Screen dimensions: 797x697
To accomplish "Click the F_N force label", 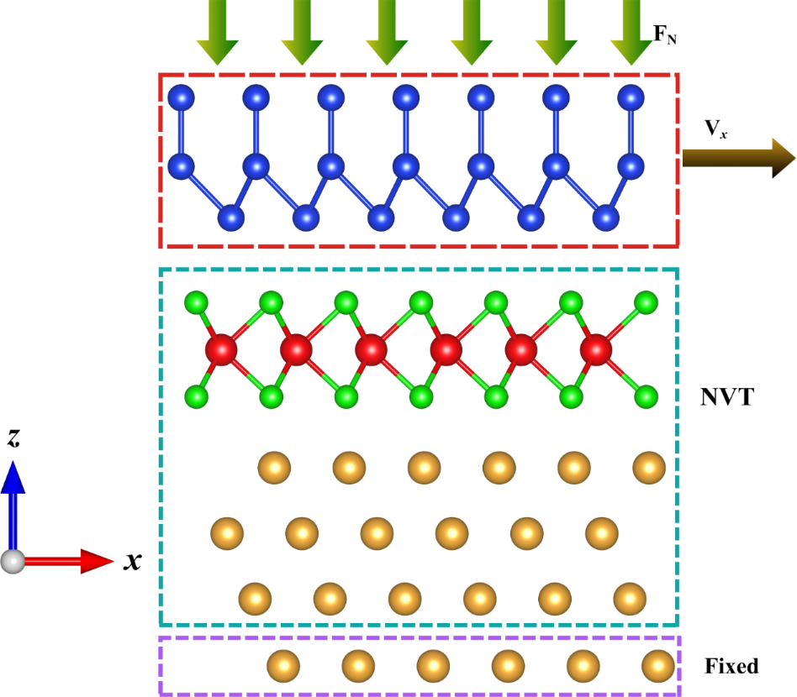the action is coord(665,34).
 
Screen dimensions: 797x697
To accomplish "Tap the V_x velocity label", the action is coord(715,129).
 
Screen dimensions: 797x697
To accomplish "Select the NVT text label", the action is coord(727,397).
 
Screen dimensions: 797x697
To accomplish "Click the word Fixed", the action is coord(731,666).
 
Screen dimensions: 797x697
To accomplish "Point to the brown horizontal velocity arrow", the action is coord(738,159).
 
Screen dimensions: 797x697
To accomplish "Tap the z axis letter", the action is coord(13,438).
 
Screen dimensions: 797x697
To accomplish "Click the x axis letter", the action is coord(132,561).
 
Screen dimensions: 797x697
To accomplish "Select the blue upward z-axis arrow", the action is coord(13,505).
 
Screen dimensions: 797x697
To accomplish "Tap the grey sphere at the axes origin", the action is coord(13,562).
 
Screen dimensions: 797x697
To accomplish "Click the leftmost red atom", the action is coord(221,350).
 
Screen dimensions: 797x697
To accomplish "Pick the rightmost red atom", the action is coord(596,350).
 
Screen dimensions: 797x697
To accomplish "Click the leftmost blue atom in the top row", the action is coord(181,97).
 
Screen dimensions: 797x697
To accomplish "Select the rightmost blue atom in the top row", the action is coord(631,97).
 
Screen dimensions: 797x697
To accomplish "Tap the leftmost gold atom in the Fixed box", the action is coord(283,666).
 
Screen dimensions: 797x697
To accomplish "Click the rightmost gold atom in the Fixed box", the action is coord(658,666).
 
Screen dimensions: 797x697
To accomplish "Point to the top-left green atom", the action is coord(196,303).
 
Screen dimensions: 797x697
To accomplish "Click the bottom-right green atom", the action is coord(646,396).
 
